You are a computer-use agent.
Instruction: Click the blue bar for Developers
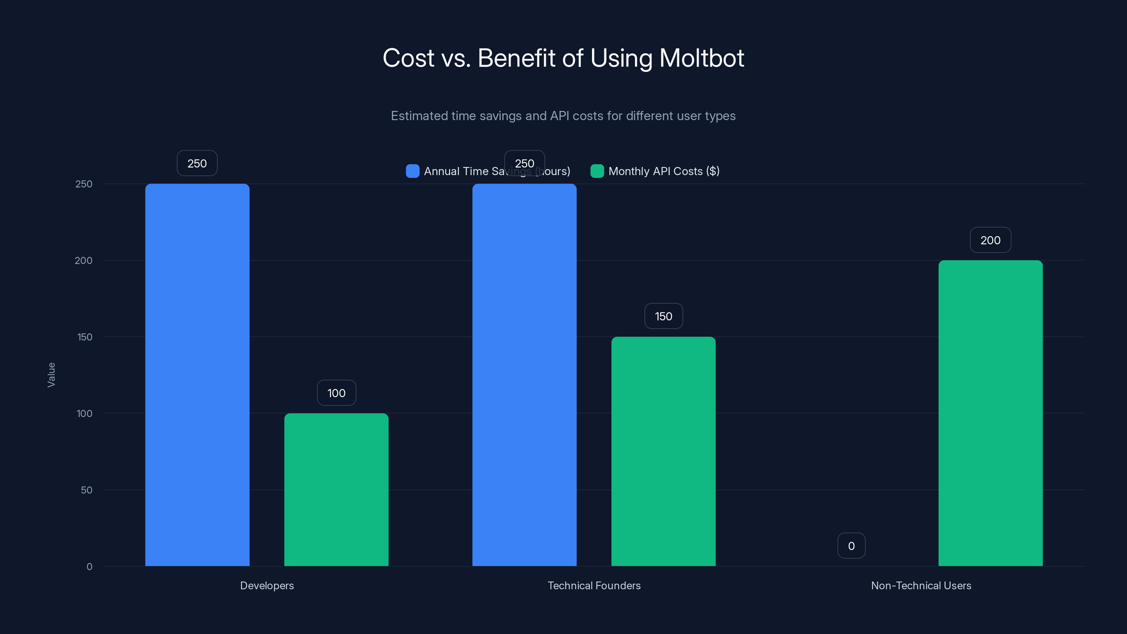point(197,374)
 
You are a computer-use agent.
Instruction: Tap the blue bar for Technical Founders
point(524,374)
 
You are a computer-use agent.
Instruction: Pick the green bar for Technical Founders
point(663,451)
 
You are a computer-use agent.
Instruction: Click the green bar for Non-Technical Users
point(990,413)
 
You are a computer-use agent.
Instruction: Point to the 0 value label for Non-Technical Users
point(851,546)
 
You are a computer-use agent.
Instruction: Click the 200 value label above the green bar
point(990,240)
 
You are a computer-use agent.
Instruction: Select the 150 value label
point(663,316)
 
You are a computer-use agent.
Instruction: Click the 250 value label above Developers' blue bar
point(197,163)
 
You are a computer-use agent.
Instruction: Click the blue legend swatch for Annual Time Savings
point(412,171)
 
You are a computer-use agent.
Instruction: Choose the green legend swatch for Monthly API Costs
point(597,171)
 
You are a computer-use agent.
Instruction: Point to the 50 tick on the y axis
point(86,490)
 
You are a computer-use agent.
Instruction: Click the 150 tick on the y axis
point(85,337)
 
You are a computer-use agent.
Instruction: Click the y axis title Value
point(51,374)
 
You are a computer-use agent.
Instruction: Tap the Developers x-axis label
point(267,585)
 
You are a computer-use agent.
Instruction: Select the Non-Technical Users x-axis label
point(921,585)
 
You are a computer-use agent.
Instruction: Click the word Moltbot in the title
point(701,58)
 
